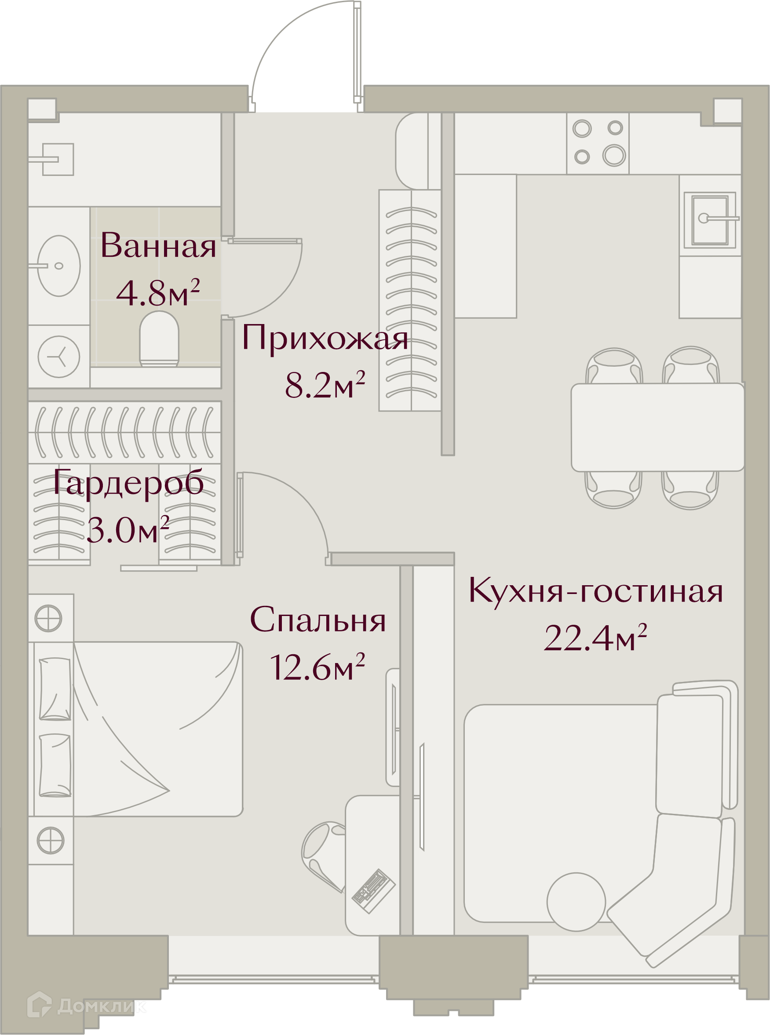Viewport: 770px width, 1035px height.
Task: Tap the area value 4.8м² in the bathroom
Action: point(158,293)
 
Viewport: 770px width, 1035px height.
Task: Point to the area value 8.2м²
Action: point(325,385)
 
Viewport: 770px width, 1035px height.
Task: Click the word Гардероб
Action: point(128,483)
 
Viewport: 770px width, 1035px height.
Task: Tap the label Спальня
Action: point(318,620)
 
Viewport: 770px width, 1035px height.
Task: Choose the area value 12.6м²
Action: point(317,667)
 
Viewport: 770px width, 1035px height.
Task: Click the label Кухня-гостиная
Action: point(595,590)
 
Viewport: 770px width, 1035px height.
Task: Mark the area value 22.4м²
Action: point(595,638)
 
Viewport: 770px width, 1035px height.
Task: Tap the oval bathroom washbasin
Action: point(59,266)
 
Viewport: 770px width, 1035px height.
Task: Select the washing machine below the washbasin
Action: point(59,357)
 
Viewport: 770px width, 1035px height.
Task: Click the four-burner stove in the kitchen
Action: point(598,143)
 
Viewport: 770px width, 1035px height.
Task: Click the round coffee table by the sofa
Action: point(576,902)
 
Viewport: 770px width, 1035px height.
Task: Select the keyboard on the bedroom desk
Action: point(374,891)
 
